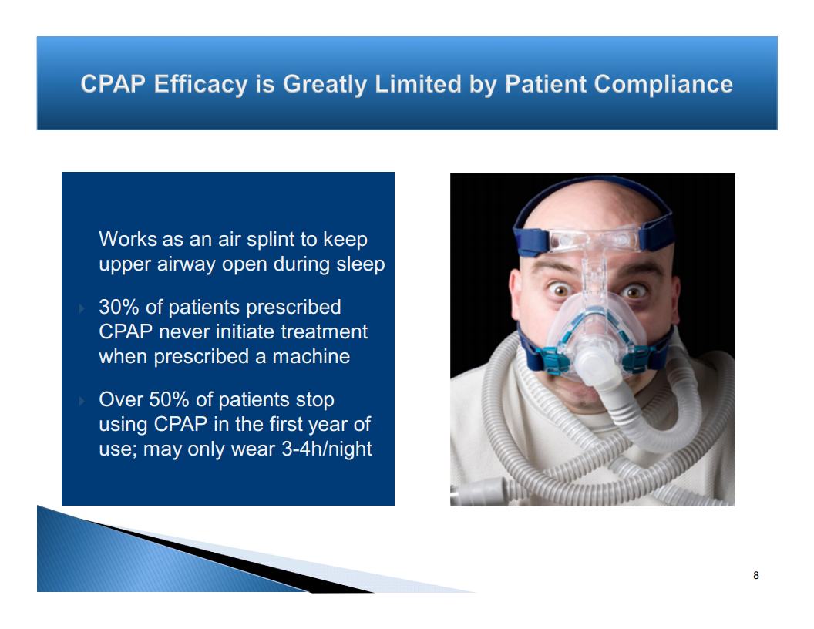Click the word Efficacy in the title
pos(200,85)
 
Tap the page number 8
pos(756,575)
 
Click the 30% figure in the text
pos(119,307)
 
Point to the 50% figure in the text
pos(169,399)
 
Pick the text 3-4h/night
pos(327,449)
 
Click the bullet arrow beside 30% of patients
pos(82,309)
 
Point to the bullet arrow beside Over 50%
pos(82,401)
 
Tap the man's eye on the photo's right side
pos(633,291)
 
